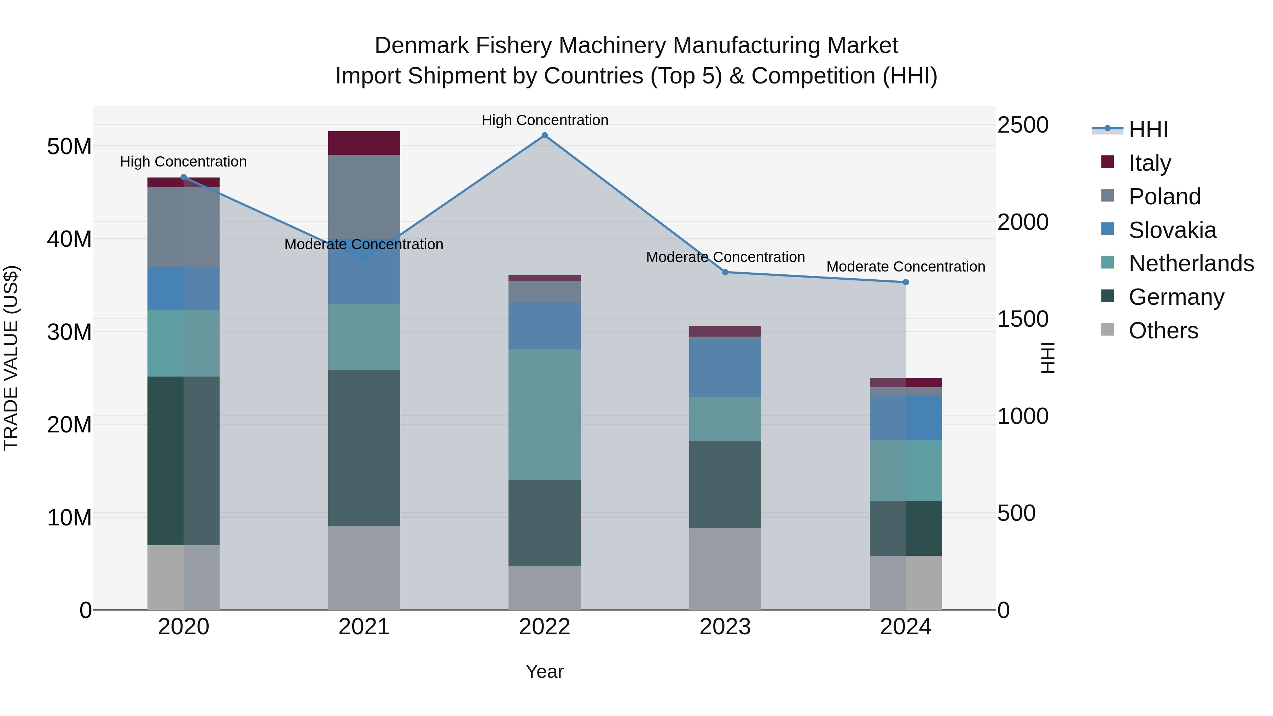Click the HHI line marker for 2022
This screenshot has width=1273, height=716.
tap(545, 135)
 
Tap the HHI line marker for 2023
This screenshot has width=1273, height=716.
tap(725, 272)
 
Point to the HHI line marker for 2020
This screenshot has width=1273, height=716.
tap(183, 177)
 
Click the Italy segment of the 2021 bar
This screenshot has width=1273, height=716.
tap(364, 143)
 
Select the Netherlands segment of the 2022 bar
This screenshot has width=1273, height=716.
tap(545, 415)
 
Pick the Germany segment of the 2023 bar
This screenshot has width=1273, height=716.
tap(725, 484)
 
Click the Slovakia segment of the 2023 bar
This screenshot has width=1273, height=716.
tap(725, 368)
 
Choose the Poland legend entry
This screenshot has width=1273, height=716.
tap(1164, 197)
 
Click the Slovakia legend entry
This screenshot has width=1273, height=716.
tap(1172, 230)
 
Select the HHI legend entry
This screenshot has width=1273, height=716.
tap(1148, 129)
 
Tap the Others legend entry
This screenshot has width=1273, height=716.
tap(1163, 331)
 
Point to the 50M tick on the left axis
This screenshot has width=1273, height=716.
tap(69, 147)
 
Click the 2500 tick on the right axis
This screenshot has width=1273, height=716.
tap(1022, 125)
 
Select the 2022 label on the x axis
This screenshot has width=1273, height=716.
tap(545, 627)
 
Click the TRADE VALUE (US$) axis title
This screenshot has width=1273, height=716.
tap(11, 358)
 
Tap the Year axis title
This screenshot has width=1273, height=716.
tap(545, 671)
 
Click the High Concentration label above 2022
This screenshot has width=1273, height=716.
tap(545, 120)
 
